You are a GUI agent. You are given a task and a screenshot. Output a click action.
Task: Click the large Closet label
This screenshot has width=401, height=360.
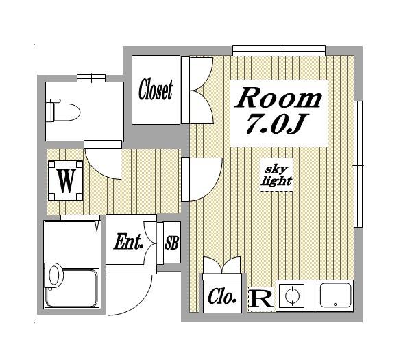point(156,90)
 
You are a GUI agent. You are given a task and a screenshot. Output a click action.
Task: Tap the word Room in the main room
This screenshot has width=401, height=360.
point(278,97)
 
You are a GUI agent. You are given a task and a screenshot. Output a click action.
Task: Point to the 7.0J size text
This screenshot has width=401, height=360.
point(277,124)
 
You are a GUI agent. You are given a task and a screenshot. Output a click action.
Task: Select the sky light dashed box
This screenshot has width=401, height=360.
point(276,175)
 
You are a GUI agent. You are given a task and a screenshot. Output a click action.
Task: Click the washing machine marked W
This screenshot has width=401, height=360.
point(66,180)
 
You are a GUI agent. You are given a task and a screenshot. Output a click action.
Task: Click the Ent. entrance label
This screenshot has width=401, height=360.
point(128,241)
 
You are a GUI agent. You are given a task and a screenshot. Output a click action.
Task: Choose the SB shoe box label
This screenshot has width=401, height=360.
point(171,243)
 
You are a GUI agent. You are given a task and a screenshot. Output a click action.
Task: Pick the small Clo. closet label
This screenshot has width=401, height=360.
point(221,297)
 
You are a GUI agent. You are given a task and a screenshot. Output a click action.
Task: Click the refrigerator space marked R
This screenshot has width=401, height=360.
point(261,299)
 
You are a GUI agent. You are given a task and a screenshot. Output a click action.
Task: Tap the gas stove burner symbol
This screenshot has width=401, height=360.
point(292,296)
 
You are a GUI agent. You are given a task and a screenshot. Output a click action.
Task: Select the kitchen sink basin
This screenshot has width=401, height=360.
point(335,295)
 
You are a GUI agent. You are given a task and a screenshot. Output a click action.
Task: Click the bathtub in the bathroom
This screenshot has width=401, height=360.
point(71,289)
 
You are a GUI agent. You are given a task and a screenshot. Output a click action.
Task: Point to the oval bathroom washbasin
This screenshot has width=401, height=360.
point(56,275)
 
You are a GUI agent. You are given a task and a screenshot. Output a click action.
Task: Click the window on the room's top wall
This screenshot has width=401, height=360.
point(279,51)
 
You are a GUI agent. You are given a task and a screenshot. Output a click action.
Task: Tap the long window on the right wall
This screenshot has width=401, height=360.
point(358,164)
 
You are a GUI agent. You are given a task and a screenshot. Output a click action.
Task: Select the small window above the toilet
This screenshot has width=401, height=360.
point(91,77)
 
